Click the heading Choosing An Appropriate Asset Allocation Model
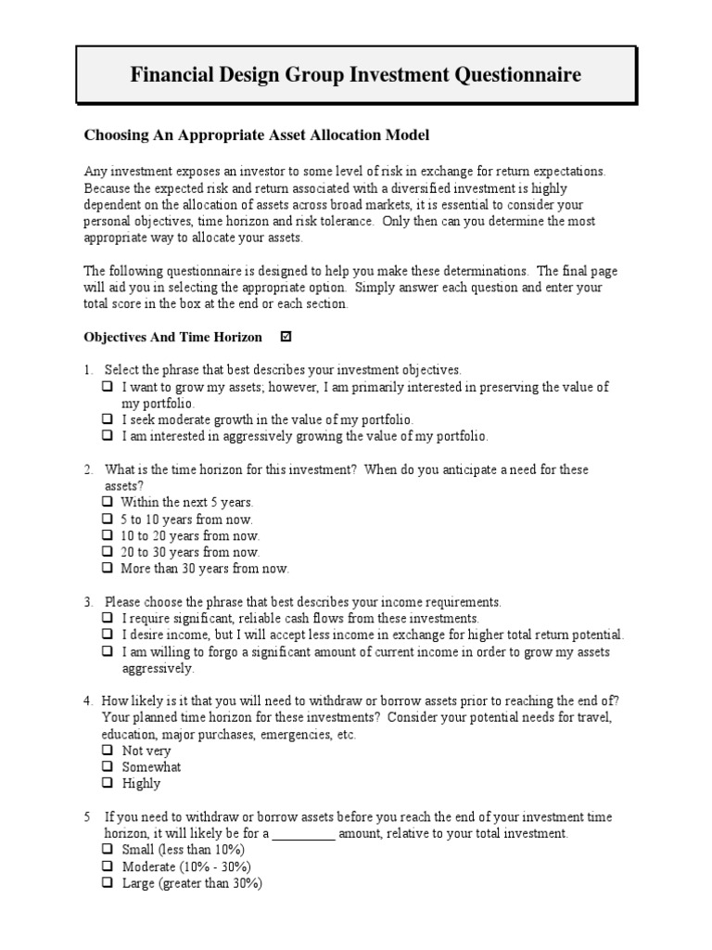click(257, 135)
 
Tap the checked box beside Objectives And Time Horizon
click(286, 337)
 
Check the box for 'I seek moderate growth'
click(108, 420)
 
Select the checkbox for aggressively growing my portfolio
click(108, 436)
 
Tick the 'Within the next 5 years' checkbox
click(108, 502)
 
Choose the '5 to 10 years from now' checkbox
click(108, 519)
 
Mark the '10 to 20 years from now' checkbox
click(108, 535)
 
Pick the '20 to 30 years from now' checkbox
click(108, 552)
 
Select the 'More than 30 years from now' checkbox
click(108, 568)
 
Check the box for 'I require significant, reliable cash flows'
click(108, 618)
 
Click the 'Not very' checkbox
click(108, 751)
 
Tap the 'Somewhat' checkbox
click(108, 767)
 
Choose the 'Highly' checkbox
click(108, 784)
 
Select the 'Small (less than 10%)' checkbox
click(108, 850)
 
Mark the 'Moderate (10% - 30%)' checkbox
click(108, 867)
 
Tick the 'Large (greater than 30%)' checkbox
click(108, 883)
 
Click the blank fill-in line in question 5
click(304, 834)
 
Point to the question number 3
click(87, 601)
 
